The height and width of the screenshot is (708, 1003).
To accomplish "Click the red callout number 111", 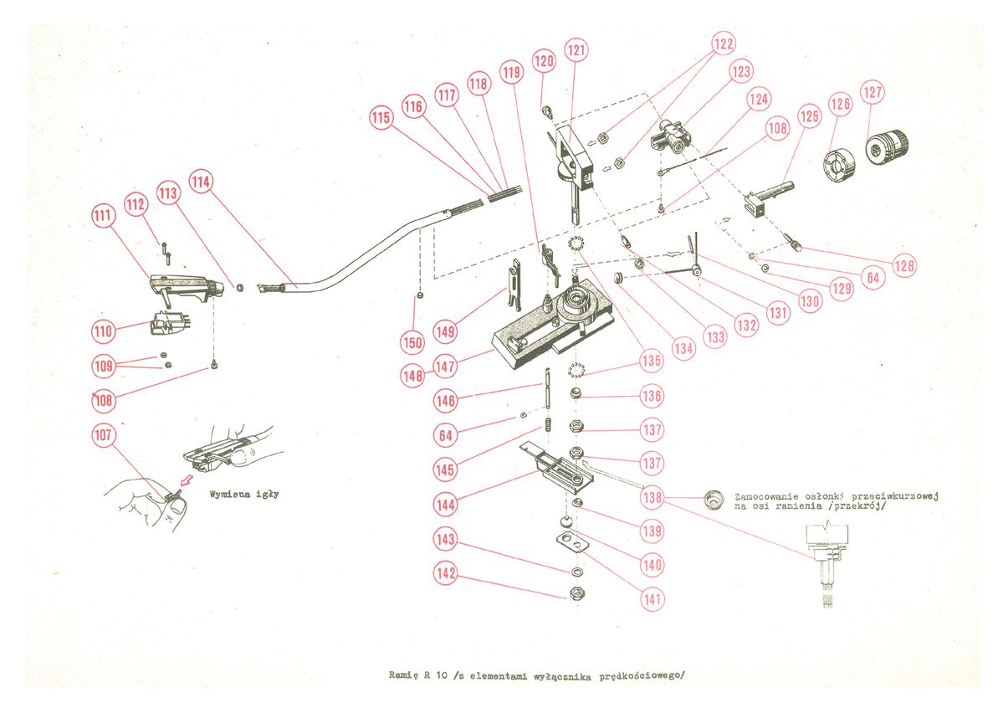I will pos(103,217).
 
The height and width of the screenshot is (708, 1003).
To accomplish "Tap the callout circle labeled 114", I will pos(201,181).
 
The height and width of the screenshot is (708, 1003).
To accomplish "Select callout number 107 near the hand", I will pos(104,435).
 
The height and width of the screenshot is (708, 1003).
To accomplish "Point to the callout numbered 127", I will pos(873,92).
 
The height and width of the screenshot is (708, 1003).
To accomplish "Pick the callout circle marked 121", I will pos(576,51).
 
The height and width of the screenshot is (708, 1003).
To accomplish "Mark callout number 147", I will pos(445,366).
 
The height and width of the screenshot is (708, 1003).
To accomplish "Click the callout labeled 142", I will pos(445,573).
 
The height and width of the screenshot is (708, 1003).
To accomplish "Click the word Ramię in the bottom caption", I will pos(405,674).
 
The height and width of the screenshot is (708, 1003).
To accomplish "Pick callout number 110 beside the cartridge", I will pos(103,331).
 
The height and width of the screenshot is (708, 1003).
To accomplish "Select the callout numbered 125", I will pos(808,115).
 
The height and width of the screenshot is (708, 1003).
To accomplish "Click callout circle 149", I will pos(445,331).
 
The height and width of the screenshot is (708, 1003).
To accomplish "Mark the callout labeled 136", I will pos(652,395).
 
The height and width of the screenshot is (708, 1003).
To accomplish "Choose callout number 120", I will pos(545,61).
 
